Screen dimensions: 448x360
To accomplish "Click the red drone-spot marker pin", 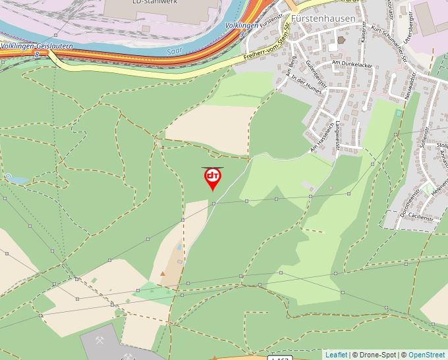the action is [x=212, y=178].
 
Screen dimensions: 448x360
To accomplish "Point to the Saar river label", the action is [x=174, y=49].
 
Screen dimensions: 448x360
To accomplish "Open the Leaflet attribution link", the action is [x=336, y=355].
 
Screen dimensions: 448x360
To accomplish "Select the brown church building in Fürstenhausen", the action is [x=341, y=40].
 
